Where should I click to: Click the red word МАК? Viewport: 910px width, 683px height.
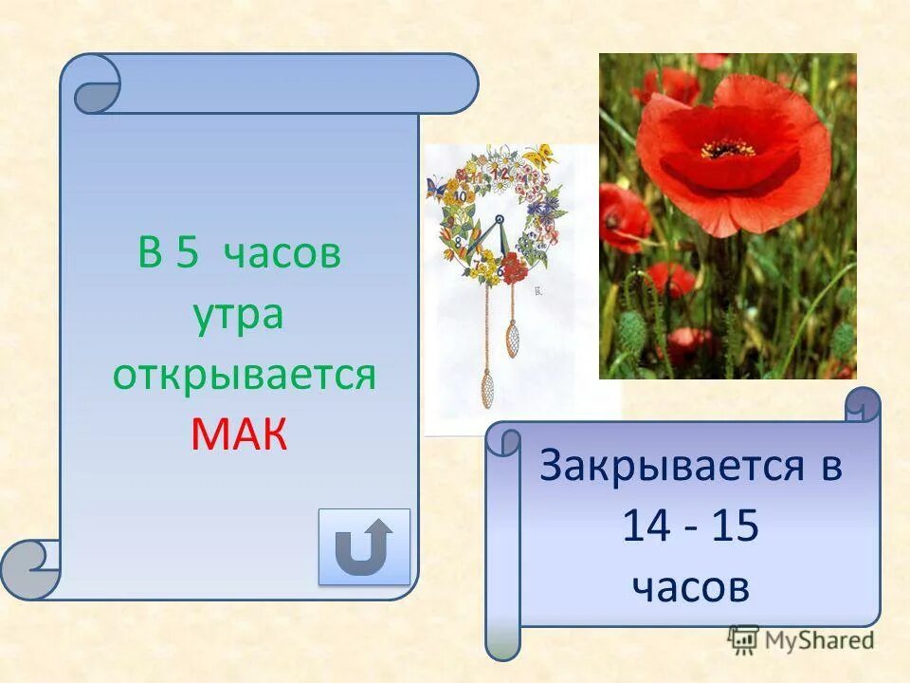[239, 434]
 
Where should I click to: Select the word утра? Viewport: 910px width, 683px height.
[239, 314]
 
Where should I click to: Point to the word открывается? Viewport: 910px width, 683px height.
[245, 376]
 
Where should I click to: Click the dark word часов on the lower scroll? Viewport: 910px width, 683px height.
[690, 588]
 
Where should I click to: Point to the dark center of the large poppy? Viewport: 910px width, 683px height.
[728, 149]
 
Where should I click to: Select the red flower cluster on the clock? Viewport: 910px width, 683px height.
[512, 269]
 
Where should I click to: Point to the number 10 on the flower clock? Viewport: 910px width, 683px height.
[461, 196]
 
